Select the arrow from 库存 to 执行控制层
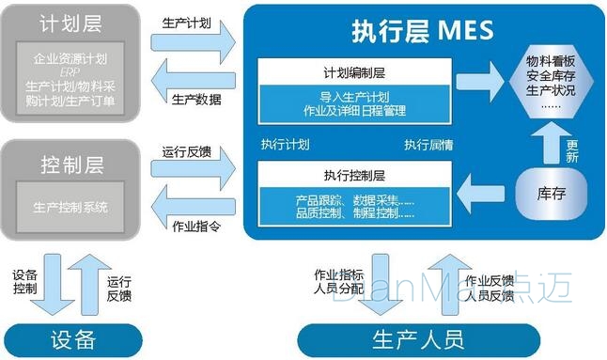click(485, 194)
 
